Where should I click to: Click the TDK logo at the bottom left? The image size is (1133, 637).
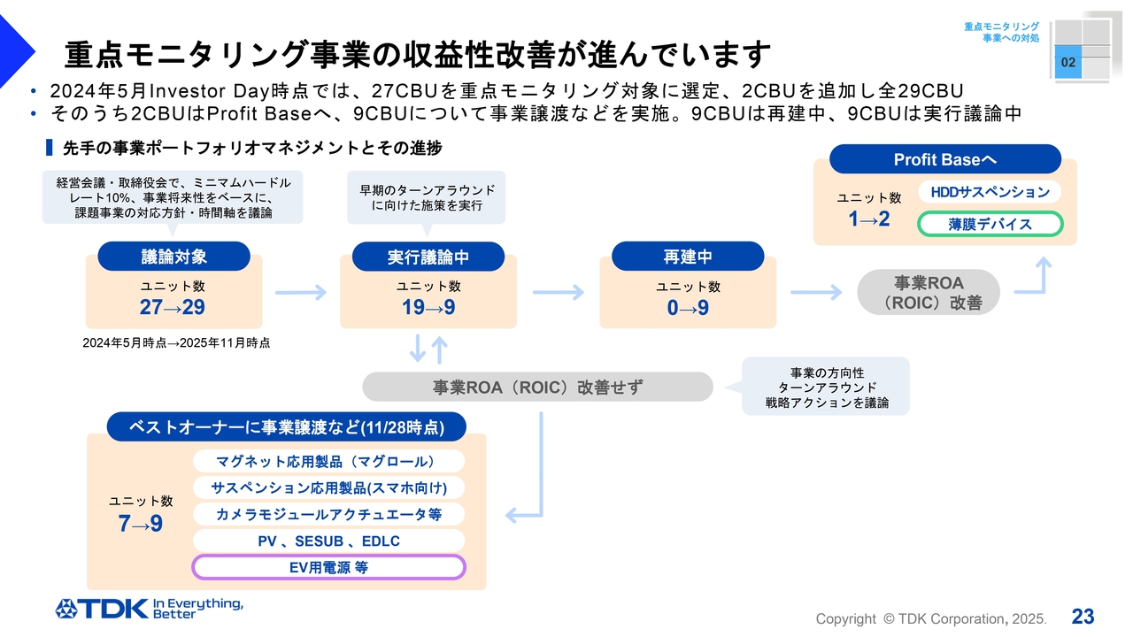tap(148, 608)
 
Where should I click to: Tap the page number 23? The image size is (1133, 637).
tap(1083, 617)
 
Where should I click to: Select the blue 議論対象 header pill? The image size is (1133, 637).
tap(174, 257)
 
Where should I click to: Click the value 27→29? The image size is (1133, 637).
tap(172, 308)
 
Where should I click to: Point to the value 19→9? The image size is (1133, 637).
tap(428, 308)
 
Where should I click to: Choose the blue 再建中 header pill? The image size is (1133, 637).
tap(688, 257)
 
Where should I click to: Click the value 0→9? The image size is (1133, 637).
tap(688, 308)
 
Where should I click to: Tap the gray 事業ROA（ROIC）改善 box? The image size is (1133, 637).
tap(929, 293)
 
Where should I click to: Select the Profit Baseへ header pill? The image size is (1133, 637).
tap(944, 159)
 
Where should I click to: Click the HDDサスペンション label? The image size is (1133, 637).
tap(990, 192)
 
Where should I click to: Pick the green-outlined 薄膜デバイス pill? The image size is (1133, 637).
tap(990, 224)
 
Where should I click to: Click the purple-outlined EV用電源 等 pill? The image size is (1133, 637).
tap(328, 567)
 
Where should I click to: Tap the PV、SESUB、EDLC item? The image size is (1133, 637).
tap(328, 541)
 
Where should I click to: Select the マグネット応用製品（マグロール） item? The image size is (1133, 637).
tap(328, 461)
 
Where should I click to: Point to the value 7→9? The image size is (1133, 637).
tap(141, 524)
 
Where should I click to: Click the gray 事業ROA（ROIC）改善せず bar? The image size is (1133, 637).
tap(537, 387)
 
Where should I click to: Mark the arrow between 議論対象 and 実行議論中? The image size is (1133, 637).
tap(301, 293)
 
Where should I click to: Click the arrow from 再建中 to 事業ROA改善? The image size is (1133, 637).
tap(815, 293)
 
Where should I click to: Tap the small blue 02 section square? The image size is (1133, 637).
tap(1068, 63)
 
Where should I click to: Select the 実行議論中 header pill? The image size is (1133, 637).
tap(428, 257)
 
